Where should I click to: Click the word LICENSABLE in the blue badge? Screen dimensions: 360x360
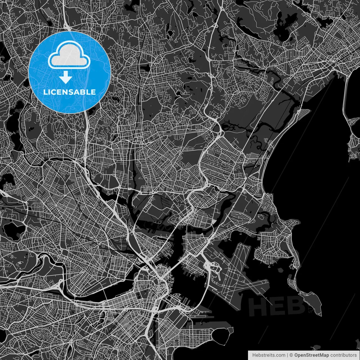(x=69, y=92)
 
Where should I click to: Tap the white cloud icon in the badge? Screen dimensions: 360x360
(x=69, y=56)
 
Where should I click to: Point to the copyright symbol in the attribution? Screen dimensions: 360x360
(x=291, y=355)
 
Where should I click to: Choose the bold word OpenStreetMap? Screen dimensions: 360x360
(x=312, y=355)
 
